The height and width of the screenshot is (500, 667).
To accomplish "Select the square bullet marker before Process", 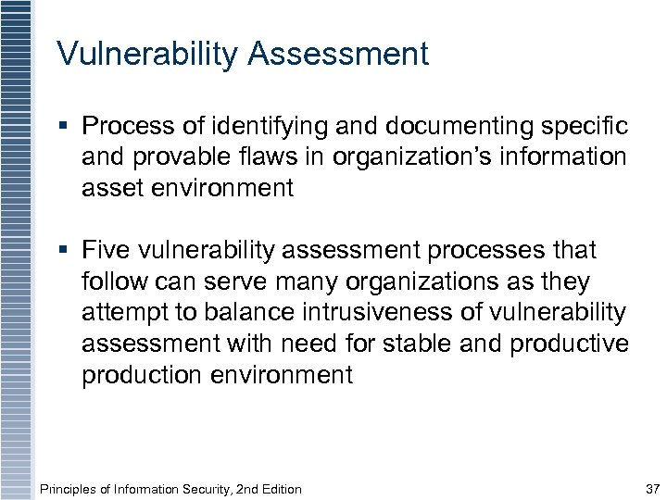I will point(63,125).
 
